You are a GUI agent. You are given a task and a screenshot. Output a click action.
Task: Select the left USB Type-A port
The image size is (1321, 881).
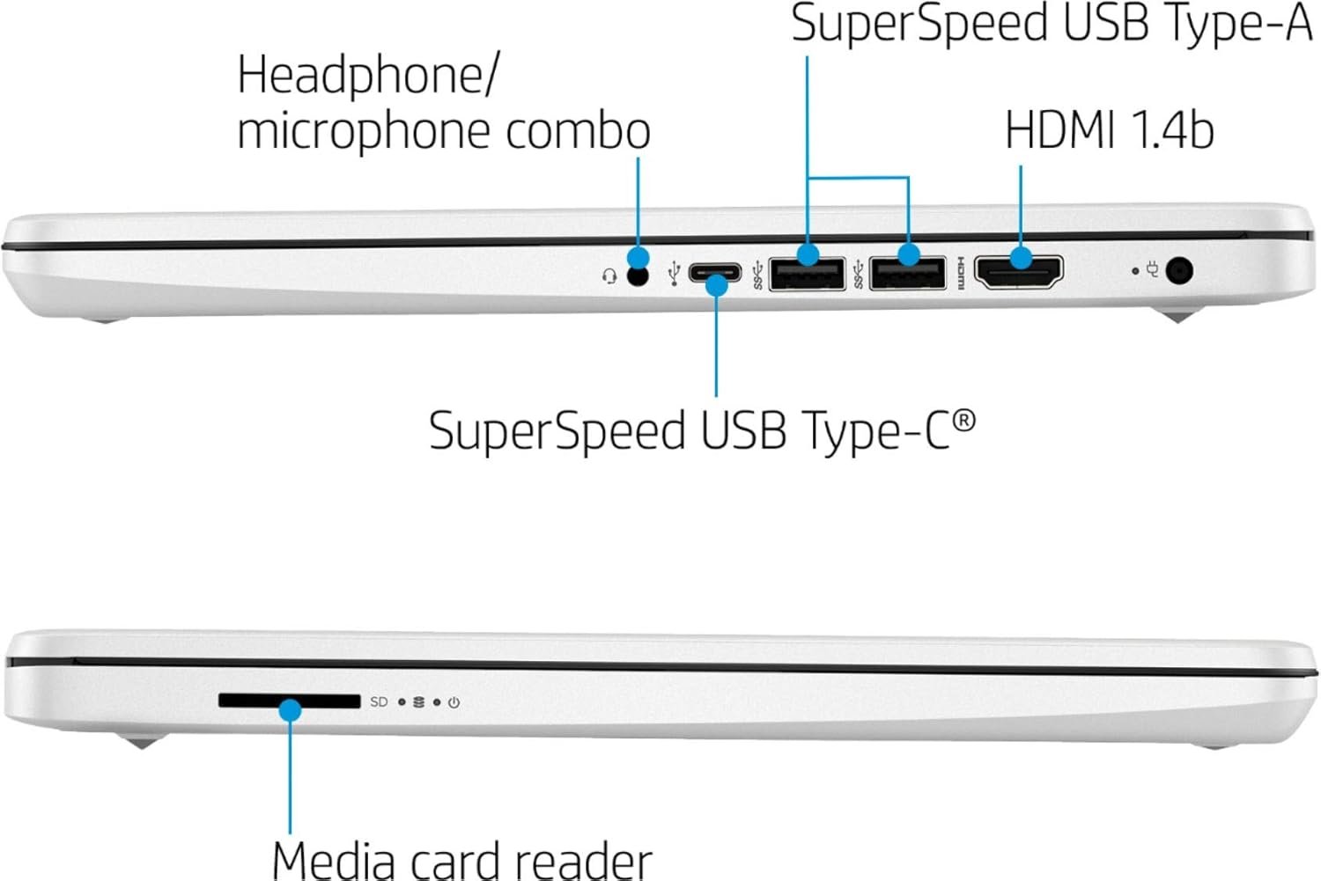(807, 274)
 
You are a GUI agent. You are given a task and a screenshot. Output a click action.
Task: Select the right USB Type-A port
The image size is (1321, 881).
(907, 274)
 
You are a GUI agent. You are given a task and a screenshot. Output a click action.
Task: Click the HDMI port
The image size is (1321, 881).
(1019, 271)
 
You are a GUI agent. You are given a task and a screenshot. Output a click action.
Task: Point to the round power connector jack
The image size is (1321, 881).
(1178, 270)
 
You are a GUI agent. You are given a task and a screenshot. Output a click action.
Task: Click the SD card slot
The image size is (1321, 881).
(289, 701)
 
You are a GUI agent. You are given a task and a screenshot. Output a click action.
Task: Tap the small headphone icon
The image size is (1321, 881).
(609, 276)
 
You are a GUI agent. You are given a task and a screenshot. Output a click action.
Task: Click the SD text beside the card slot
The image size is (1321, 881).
(379, 701)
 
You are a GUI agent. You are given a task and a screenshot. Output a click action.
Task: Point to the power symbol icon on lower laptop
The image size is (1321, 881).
(454, 702)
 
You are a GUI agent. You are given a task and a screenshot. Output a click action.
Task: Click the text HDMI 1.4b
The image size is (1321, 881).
(1109, 130)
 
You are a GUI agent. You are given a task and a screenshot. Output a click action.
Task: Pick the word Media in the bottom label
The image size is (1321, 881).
(336, 859)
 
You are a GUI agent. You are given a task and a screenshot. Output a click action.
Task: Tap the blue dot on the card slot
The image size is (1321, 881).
(290, 709)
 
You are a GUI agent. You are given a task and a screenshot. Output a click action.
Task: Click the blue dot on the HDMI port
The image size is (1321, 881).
(1021, 258)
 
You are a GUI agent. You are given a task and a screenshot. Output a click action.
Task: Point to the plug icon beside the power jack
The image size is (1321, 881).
(1152, 270)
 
